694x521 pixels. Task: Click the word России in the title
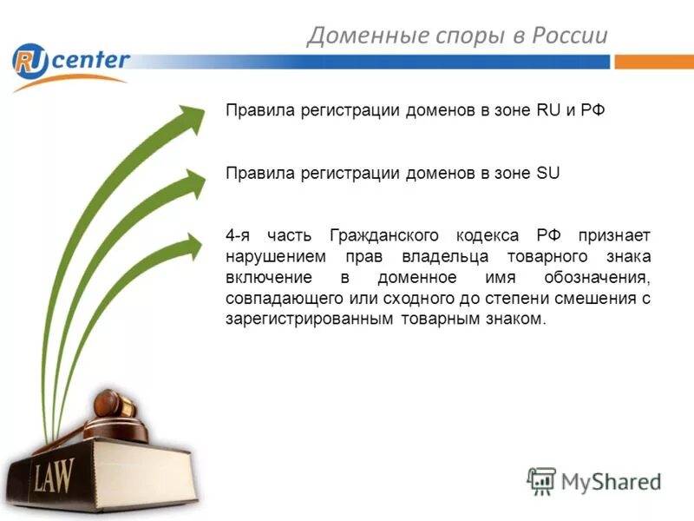(563, 35)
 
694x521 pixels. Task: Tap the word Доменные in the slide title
(356, 35)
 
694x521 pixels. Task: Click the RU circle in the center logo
(29, 62)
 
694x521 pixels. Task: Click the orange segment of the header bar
(654, 62)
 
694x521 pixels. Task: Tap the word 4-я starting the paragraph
(240, 235)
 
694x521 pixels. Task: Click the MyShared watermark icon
(540, 480)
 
